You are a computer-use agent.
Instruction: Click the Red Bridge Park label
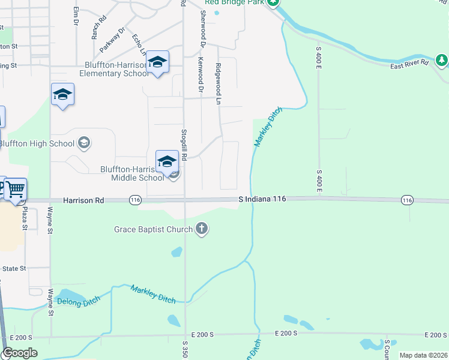235,2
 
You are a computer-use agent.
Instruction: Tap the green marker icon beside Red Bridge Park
273,2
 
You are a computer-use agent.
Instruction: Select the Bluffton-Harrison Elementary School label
111,70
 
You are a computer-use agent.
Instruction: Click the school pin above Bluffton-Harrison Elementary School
157,62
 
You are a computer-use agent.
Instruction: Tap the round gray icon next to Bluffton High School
85,143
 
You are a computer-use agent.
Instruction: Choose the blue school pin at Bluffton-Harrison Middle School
167,161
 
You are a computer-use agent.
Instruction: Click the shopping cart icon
16,188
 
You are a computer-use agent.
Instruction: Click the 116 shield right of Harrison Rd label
135,200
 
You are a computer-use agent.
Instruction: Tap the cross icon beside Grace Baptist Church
202,229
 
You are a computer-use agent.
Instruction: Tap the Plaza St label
25,218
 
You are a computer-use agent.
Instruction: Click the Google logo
20,353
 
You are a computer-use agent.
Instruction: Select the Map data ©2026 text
423,355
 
